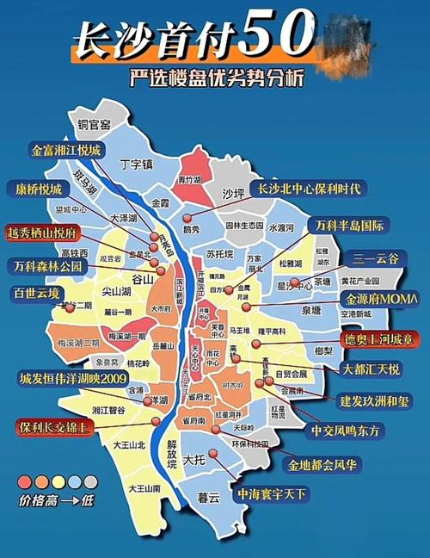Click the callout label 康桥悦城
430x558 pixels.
(x=39, y=188)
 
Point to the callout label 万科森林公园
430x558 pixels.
(x=48, y=265)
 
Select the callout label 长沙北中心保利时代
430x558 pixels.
(x=313, y=188)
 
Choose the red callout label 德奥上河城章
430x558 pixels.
(x=378, y=338)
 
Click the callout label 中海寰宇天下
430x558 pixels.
(x=273, y=494)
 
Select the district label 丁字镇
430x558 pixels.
(x=135, y=164)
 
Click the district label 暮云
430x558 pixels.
(x=207, y=497)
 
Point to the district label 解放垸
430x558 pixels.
(x=171, y=454)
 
